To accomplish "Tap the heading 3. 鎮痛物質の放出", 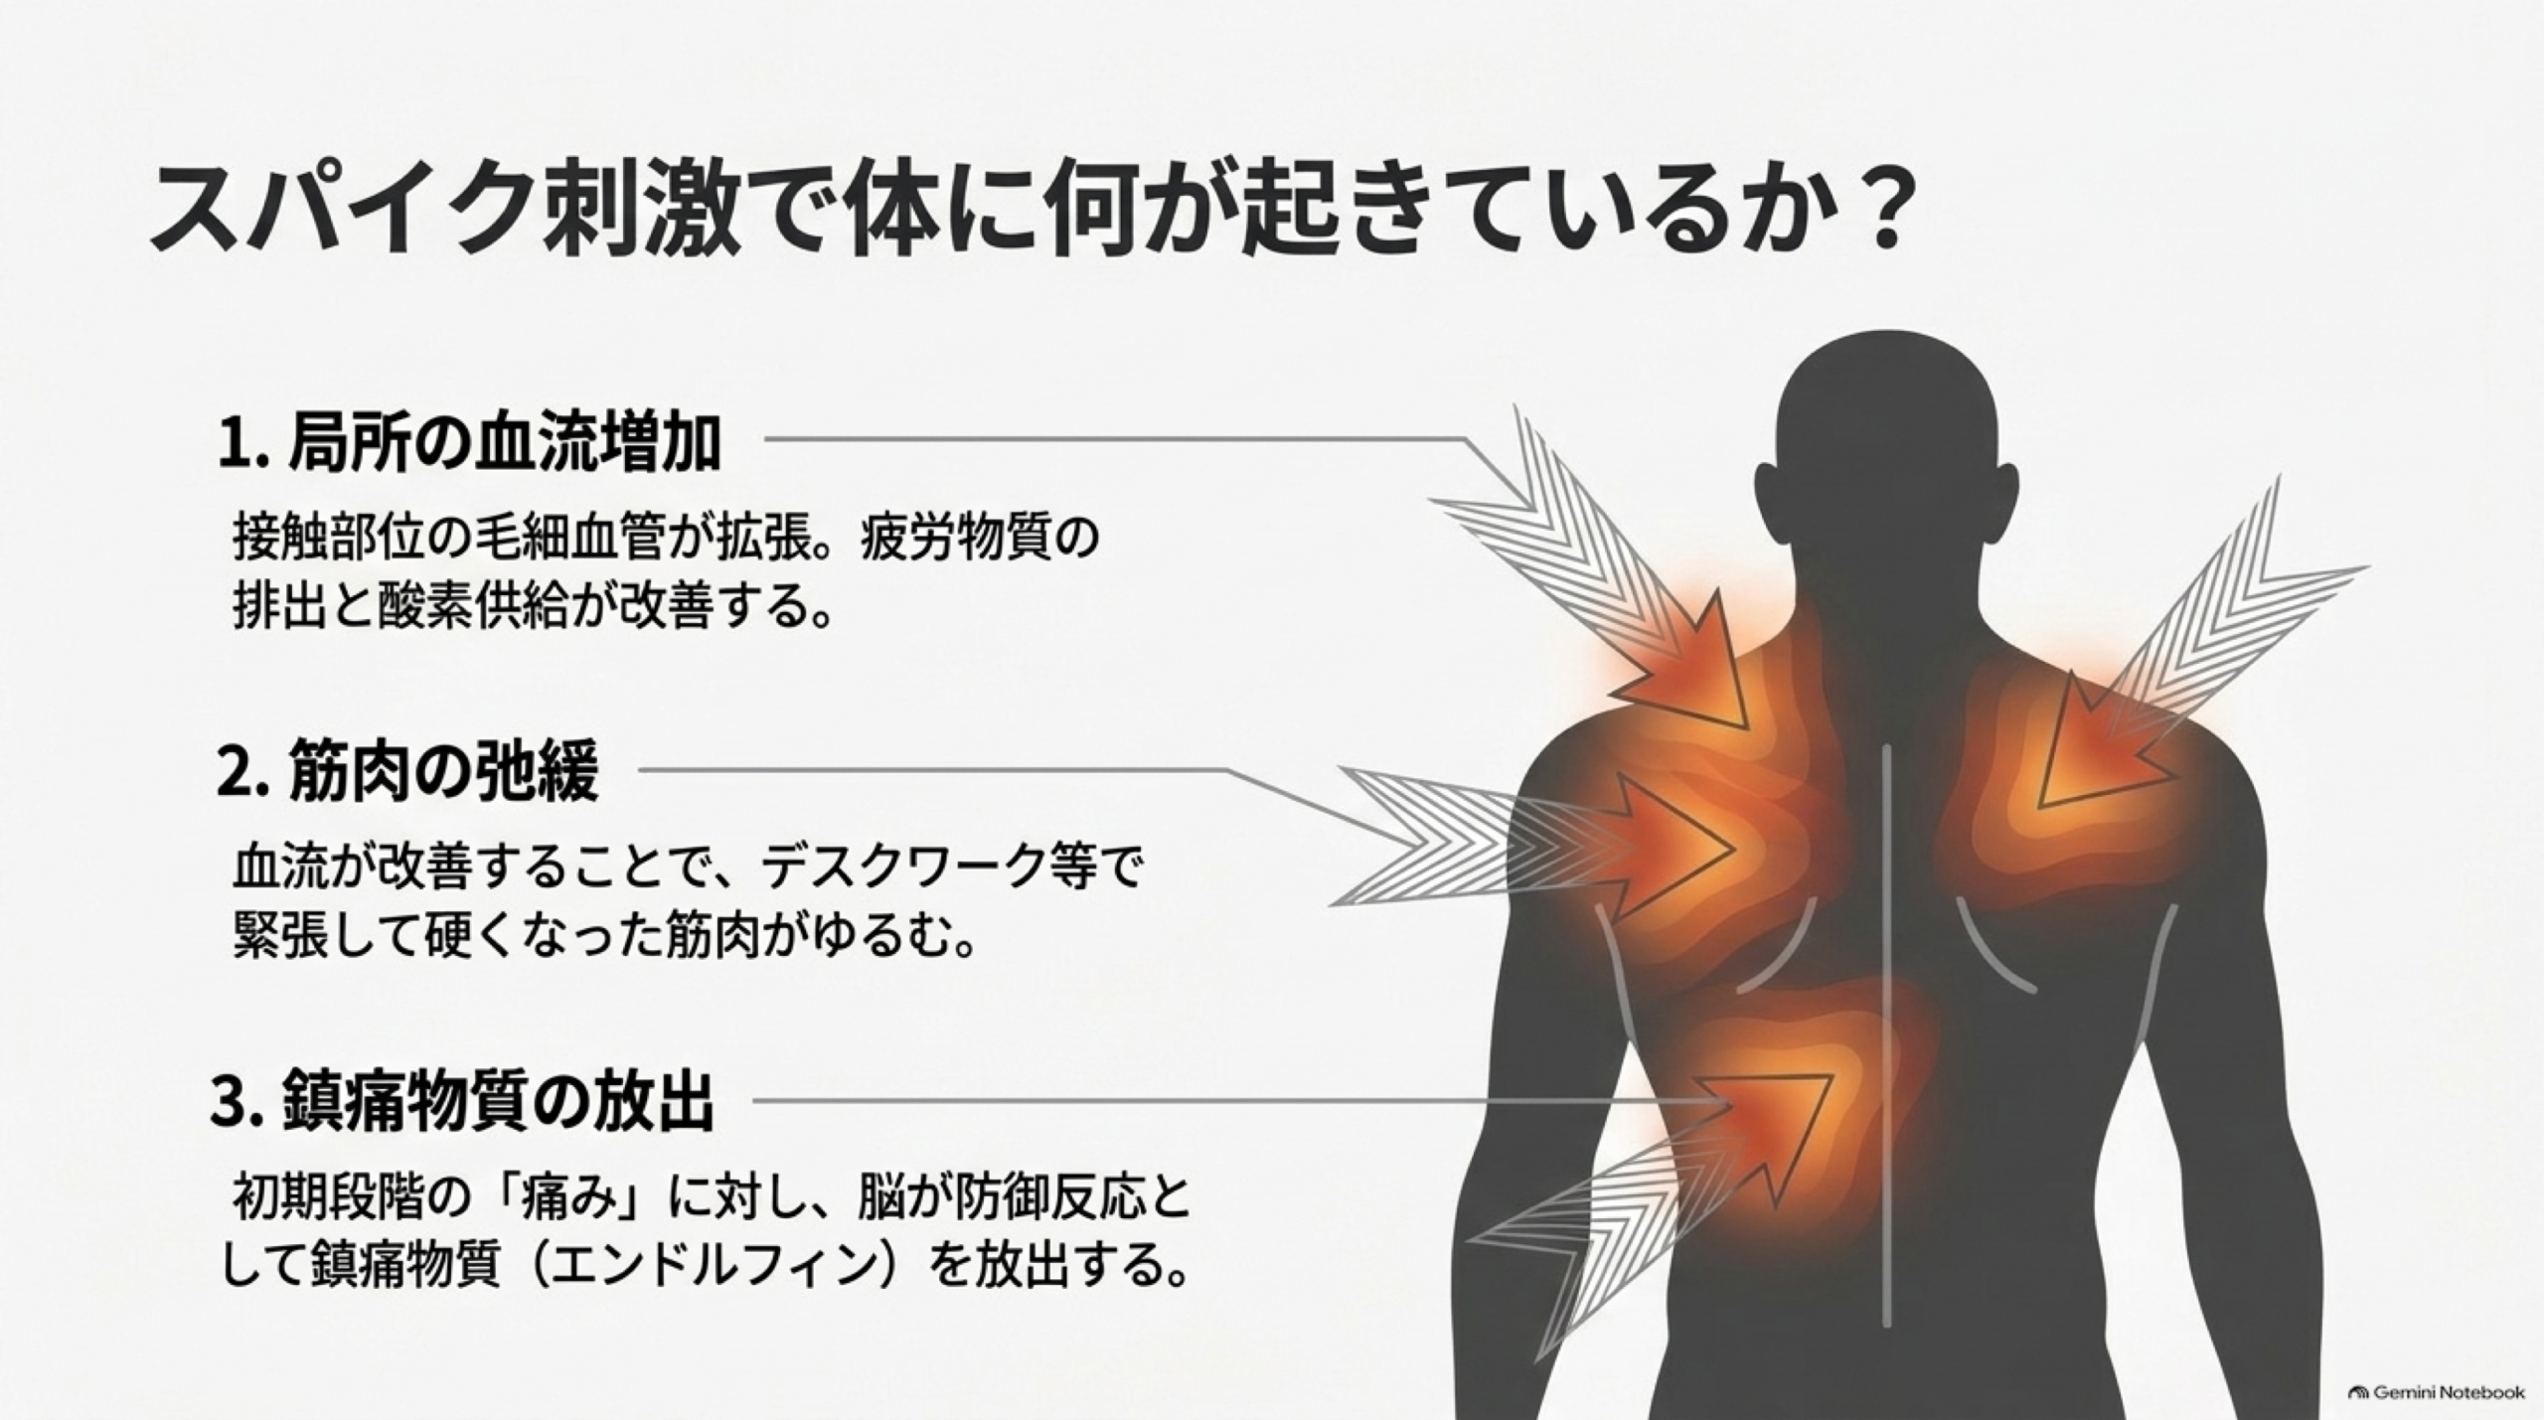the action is pyautogui.click(x=463, y=1101).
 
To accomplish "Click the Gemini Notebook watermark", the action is pyautogui.click(x=2436, y=1392).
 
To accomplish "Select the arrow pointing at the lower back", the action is pyautogui.click(x=1650, y=1212).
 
